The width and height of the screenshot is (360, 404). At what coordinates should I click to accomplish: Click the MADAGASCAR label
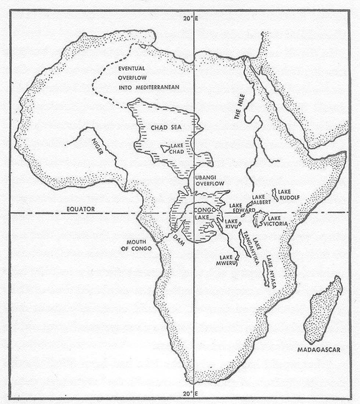pyautogui.click(x=318, y=349)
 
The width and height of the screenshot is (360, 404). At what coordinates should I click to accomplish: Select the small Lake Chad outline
pyautogui.click(x=166, y=149)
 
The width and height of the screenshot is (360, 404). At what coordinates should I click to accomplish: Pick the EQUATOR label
pyautogui.click(x=80, y=209)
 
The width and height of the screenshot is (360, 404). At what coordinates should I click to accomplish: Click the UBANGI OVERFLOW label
pyautogui.click(x=208, y=180)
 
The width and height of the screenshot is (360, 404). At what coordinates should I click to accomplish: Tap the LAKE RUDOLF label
pyautogui.click(x=289, y=194)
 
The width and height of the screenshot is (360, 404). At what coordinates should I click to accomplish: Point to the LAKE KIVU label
pyautogui.click(x=231, y=224)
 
